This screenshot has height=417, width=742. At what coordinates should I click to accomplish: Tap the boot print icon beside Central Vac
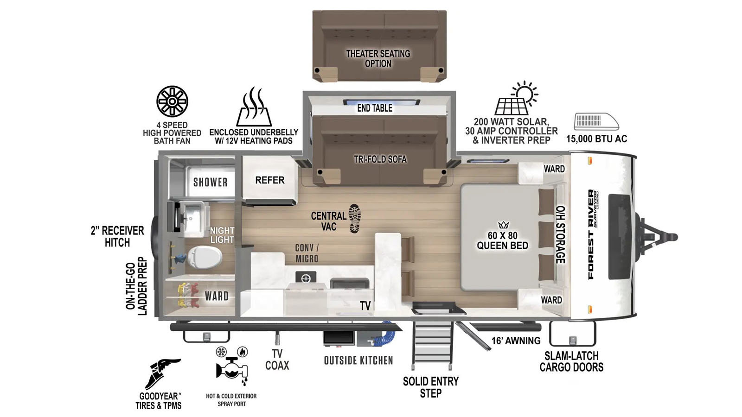(x=355, y=218)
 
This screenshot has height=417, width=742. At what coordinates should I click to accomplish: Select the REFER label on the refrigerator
(x=269, y=180)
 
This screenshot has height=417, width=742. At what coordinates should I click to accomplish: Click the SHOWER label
(x=211, y=182)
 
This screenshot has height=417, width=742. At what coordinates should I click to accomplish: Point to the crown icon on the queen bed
(x=503, y=225)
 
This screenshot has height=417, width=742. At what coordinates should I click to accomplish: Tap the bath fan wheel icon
(x=172, y=101)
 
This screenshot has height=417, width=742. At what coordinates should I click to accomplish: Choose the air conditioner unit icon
(x=596, y=121)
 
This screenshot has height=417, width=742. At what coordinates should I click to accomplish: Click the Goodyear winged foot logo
(x=163, y=373)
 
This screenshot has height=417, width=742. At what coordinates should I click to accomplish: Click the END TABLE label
(x=375, y=108)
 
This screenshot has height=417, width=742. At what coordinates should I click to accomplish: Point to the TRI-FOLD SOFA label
(x=380, y=159)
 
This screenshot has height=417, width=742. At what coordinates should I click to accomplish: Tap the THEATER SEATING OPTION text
(x=378, y=58)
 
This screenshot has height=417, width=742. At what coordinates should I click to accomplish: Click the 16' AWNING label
(x=516, y=341)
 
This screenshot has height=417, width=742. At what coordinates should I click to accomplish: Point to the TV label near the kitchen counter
(x=365, y=305)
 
